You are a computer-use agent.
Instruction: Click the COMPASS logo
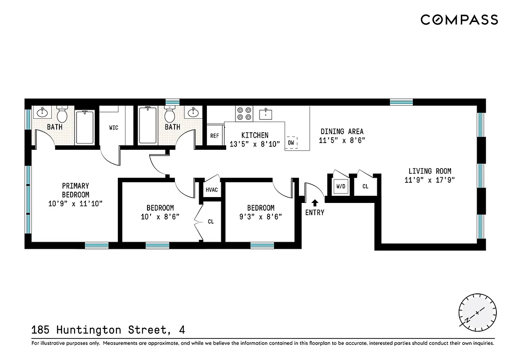pyautogui.click(x=459, y=20)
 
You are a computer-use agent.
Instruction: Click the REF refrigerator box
pyautogui.click(x=215, y=135)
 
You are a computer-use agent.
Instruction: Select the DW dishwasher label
pyautogui.click(x=291, y=143)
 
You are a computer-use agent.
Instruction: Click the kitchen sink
pyautogui.click(x=267, y=113)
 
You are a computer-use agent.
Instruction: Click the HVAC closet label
pyautogui.click(x=212, y=190)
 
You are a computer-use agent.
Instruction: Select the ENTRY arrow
pyautogui.click(x=315, y=203)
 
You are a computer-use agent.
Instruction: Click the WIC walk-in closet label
pyautogui.click(x=114, y=128)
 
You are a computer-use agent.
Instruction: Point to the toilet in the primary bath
pyautogui.click(x=62, y=115)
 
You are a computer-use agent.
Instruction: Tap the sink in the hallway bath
pyautogui.click(x=193, y=112)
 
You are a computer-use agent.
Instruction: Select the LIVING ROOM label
pyautogui.click(x=430, y=171)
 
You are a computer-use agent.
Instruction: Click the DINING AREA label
pyautogui.click(x=342, y=131)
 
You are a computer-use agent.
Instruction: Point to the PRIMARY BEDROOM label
pyautogui.click(x=76, y=190)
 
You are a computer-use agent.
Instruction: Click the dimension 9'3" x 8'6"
pyautogui.click(x=261, y=216)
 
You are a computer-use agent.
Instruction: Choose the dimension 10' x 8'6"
pyautogui.click(x=160, y=216)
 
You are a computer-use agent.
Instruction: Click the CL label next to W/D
pyautogui.click(x=365, y=186)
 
